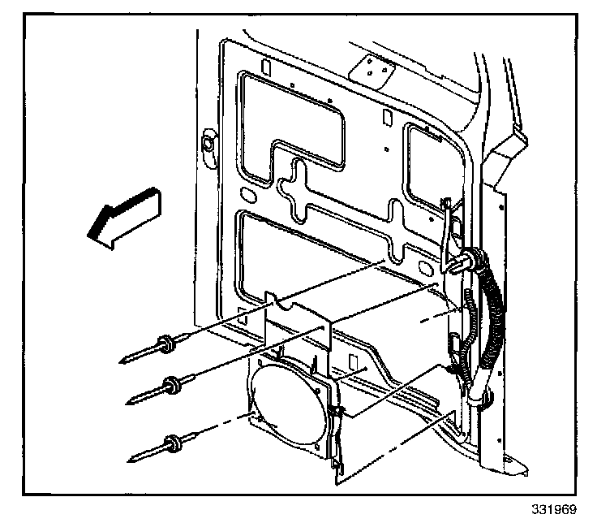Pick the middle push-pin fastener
click(x=171, y=383)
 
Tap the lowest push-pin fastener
click(x=171, y=443)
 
